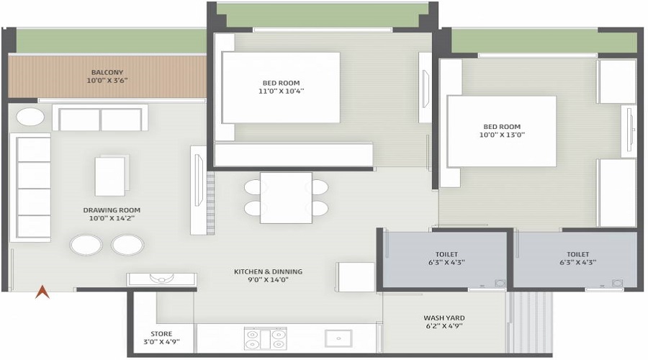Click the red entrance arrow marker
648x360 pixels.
click(42, 292)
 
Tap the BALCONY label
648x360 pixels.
click(107, 72)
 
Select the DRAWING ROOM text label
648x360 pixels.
click(112, 210)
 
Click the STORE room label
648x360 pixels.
click(161, 334)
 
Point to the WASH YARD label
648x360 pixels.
click(444, 318)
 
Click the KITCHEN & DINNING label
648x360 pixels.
click(269, 272)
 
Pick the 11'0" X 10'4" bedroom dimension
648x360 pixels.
click(281, 91)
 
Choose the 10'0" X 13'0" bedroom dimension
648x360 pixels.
click(502, 135)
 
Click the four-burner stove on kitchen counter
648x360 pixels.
click(265, 338)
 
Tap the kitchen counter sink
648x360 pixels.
click(338, 338)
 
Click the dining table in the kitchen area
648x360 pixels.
click(286, 198)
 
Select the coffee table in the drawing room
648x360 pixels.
click(112, 175)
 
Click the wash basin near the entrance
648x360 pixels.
click(161, 279)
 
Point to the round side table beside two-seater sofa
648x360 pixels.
click(30, 117)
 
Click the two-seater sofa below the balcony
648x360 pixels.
click(100, 118)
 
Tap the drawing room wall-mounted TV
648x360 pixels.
click(199, 180)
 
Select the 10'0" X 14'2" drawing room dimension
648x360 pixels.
click(112, 218)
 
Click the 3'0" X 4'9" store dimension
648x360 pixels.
click(161, 342)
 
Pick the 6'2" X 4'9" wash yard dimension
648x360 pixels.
click(444, 326)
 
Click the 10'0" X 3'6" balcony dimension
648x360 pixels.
click(107, 81)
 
